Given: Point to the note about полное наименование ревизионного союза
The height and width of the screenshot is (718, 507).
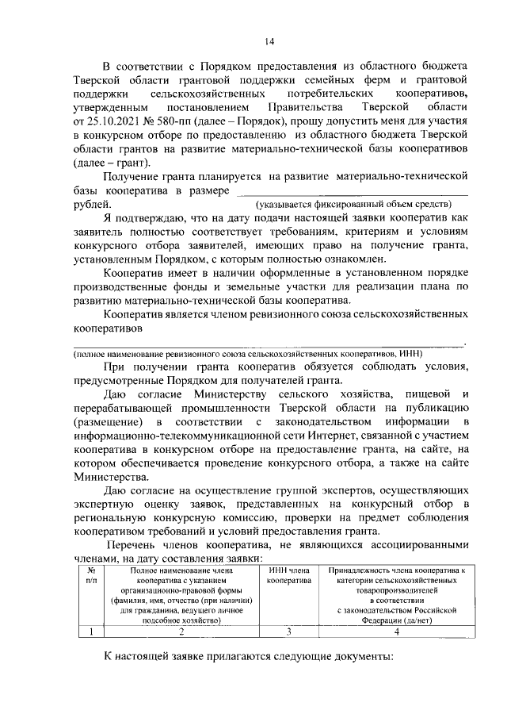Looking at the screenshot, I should (249, 353).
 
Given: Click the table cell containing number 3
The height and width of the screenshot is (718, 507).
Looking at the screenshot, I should (288, 632).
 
